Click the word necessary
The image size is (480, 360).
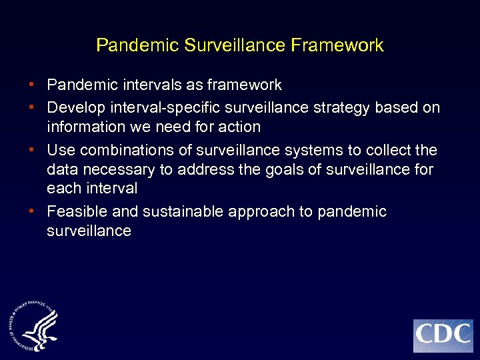114,170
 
